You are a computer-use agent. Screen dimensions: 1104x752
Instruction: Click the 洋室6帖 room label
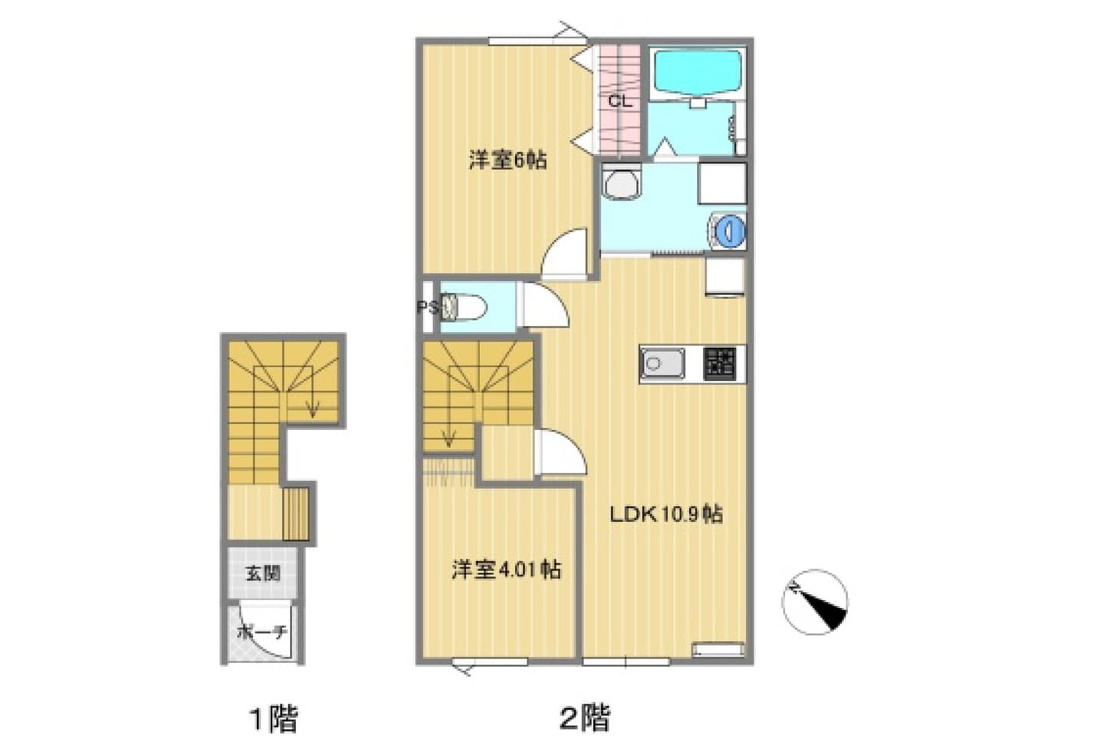pyautogui.click(x=508, y=160)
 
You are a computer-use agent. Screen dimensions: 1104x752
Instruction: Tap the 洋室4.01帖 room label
pyautogui.click(x=507, y=570)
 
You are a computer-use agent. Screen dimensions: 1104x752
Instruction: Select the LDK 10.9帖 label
pyautogui.click(x=666, y=514)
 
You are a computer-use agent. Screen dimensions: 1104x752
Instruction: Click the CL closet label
pyautogui.click(x=619, y=101)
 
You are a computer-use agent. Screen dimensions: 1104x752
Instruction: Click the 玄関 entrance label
pyautogui.click(x=263, y=573)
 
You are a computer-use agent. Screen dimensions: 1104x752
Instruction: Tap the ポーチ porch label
pyautogui.click(x=261, y=632)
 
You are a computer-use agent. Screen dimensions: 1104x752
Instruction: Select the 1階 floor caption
pyautogui.click(x=274, y=719)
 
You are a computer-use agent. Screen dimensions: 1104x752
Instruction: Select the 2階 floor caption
pyautogui.click(x=586, y=718)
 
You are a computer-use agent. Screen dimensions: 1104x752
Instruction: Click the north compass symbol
pyautogui.click(x=815, y=602)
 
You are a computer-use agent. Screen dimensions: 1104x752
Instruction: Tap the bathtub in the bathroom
pyautogui.click(x=697, y=74)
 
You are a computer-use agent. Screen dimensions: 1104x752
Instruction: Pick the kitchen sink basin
pyautogui.click(x=662, y=363)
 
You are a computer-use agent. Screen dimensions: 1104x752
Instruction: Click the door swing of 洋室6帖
pyautogui.click(x=565, y=254)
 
